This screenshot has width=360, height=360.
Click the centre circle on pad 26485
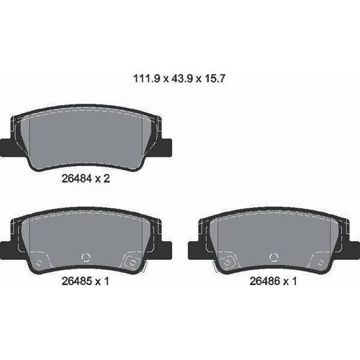click(89, 257)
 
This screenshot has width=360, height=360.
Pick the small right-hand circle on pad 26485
click(132, 261)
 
